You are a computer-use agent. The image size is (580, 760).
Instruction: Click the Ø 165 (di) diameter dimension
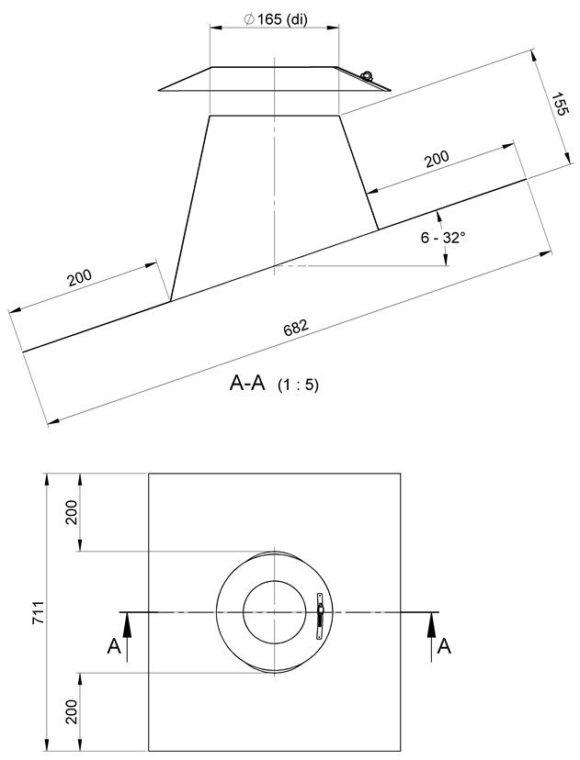276,19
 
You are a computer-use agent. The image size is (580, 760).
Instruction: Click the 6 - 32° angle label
443,238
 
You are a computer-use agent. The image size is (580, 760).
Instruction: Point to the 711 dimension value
39,612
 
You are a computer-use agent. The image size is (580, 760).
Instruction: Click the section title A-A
247,384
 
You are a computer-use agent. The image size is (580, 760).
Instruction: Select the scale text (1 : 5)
298,385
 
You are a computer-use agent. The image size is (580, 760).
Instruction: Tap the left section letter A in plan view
114,646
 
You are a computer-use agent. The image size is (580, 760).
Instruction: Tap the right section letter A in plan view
444,646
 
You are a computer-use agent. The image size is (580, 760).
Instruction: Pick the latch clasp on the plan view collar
320,616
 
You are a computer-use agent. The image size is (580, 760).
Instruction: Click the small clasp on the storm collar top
367,75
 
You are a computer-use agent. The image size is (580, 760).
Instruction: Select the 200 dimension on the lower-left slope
80,278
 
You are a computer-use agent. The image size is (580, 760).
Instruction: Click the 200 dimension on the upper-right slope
438,159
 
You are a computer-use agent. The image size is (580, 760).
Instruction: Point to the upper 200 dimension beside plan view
72,512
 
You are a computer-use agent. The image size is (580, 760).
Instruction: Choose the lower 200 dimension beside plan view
72,711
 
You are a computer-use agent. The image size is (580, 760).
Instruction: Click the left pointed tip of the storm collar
159,90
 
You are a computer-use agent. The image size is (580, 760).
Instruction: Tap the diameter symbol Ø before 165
249,19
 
